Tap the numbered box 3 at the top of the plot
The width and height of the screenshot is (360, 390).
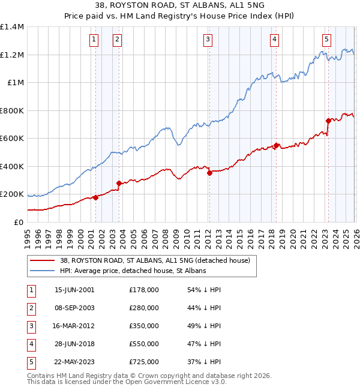[x=208, y=40]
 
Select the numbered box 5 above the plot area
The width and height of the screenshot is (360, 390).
[x=326, y=40]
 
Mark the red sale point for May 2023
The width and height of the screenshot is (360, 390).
[x=328, y=121]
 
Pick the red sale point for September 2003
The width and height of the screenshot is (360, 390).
[x=119, y=183]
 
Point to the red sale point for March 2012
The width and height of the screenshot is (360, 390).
[x=209, y=173]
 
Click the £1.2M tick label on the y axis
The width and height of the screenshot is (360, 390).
[x=12, y=55]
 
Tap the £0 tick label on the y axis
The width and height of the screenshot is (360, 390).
[x=18, y=222]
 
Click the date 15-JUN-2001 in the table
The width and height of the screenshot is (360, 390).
[x=74, y=290]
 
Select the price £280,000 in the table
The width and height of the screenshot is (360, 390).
[x=143, y=308]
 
